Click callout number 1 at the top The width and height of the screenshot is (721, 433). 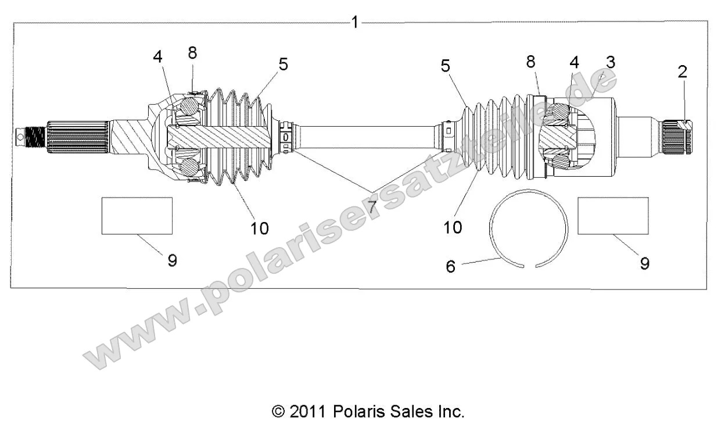tap(355, 23)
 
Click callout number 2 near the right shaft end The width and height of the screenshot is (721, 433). tap(681, 71)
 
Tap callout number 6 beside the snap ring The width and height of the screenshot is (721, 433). tap(450, 266)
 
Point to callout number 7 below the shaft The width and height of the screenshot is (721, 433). tap(372, 205)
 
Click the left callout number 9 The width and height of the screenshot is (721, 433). tap(172, 260)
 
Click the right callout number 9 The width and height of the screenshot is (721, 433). tap(644, 263)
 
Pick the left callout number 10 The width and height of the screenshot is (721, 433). tap(260, 228)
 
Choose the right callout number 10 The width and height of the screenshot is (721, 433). tap(453, 227)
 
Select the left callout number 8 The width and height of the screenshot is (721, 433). tap(192, 52)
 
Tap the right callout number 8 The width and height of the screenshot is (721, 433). tap(530, 63)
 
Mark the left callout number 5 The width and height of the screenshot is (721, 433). tap(283, 64)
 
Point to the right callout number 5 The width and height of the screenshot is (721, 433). tap(445, 66)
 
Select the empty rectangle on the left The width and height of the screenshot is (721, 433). tap(137, 216)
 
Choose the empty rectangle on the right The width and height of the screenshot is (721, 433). tap(613, 216)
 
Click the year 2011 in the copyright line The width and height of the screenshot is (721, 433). tap(309, 412)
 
